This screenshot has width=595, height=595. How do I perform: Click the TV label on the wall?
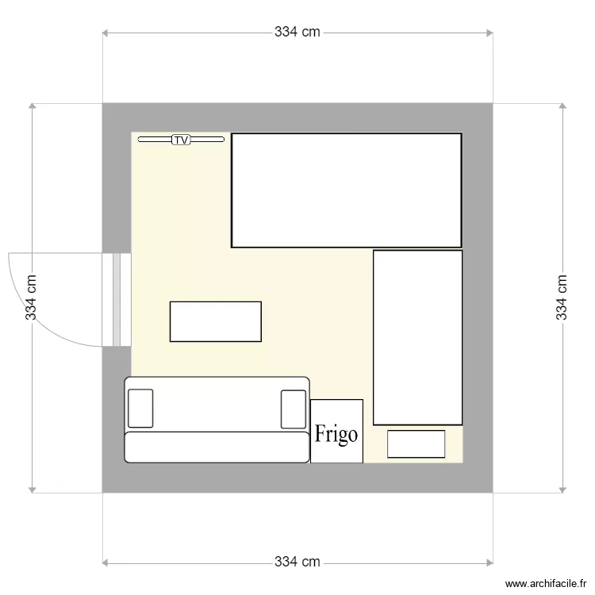(182, 140)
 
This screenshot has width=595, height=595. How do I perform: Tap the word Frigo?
(336, 434)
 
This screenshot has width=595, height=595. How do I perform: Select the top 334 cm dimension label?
(297, 32)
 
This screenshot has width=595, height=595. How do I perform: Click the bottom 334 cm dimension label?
(297, 562)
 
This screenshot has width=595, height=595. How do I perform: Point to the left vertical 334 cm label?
(31, 297)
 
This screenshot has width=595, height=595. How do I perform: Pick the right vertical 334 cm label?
(562, 297)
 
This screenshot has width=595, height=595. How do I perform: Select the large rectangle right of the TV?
(346, 190)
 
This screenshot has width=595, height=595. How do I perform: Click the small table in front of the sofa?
(216, 321)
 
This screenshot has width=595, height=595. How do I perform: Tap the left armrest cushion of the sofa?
(140, 409)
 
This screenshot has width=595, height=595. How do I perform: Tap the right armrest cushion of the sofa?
(293, 409)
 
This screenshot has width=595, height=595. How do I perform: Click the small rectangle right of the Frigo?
(416, 443)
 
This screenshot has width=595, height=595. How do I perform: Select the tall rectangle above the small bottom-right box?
(417, 337)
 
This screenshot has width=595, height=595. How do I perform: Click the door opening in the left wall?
(117, 300)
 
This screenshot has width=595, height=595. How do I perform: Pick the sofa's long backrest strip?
(217, 447)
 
